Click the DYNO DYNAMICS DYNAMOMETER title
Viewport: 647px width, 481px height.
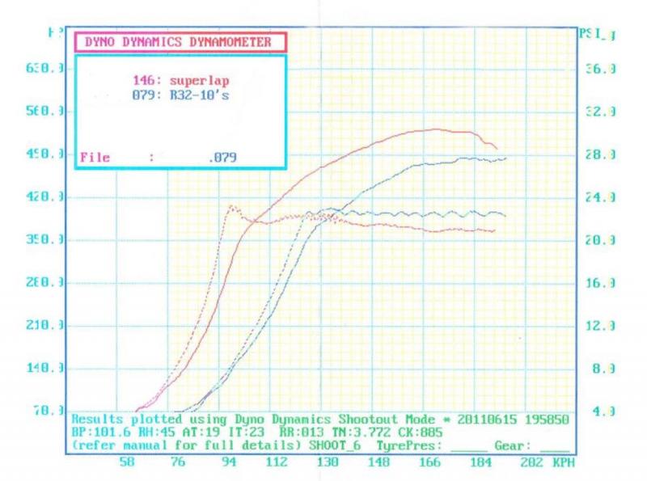point(179,42)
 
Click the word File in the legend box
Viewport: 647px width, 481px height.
point(95,158)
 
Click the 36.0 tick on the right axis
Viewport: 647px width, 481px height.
point(600,70)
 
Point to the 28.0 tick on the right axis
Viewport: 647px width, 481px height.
point(600,154)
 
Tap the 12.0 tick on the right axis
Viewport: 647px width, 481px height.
point(600,326)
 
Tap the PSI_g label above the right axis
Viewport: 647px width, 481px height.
point(598,34)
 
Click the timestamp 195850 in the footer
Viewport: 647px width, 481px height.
point(543,420)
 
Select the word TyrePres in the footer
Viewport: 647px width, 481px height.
point(410,445)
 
